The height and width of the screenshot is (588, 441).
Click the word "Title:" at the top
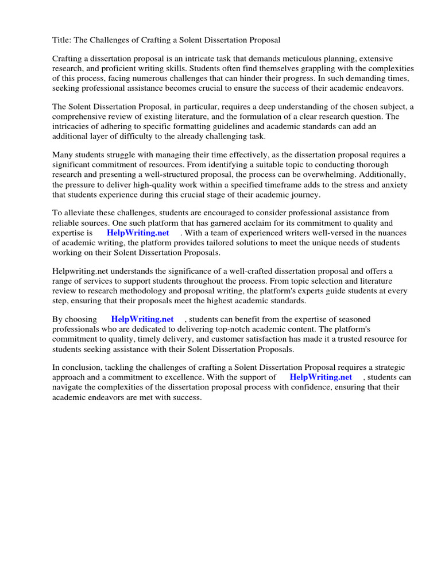tap(63, 40)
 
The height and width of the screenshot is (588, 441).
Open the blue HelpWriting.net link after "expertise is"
tap(138, 233)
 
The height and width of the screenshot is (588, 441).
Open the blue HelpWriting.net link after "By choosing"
tap(142, 319)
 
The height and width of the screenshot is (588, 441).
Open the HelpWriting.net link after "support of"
tap(320, 377)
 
